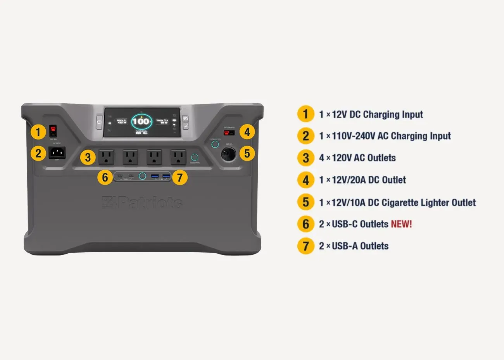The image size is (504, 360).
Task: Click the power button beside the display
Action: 99,122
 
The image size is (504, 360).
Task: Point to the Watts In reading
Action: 122,121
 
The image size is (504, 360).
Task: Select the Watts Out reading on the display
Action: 162,121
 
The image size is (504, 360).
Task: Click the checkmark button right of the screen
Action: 186,126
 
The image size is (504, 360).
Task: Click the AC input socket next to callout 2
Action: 57,152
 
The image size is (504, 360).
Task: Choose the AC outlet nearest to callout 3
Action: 106,157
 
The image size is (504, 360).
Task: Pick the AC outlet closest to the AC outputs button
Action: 178,157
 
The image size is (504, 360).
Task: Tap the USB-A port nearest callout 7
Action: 167,177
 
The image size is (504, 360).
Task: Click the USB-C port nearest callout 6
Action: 121,177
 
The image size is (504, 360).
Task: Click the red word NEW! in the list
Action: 401,224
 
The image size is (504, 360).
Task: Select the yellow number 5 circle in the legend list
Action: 306,202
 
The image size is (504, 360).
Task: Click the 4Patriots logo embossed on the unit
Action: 142,202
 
